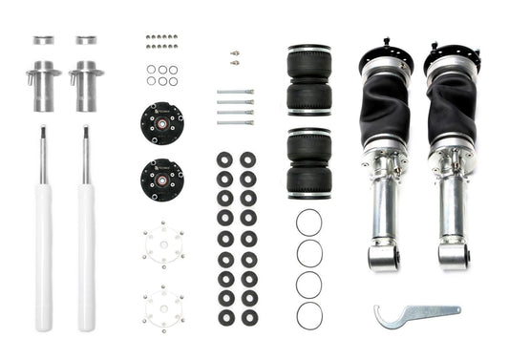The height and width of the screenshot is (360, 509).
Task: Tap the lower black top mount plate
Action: click(161, 179)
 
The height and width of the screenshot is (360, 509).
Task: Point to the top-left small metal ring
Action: click(44, 40)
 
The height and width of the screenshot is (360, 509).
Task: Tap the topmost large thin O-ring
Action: click(308, 222)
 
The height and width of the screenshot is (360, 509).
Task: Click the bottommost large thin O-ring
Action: click(308, 315)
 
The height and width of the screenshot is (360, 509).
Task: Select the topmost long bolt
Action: click(235, 93)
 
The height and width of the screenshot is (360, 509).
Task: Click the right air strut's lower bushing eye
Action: click(454, 254)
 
